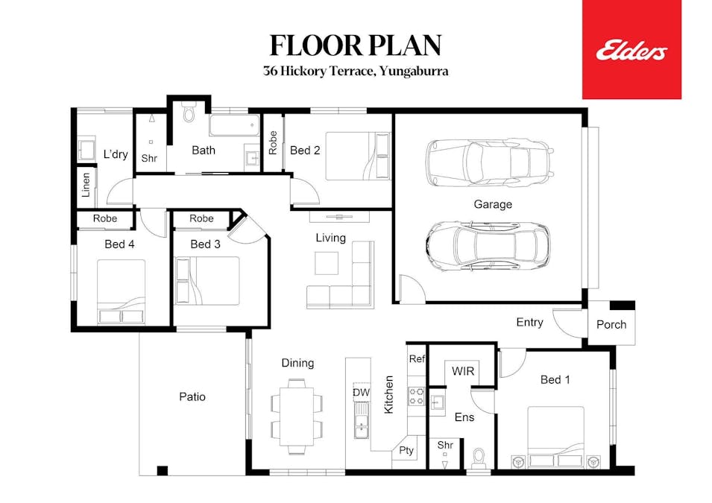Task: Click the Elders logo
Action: pyautogui.click(x=631, y=50)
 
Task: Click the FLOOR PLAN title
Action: pyautogui.click(x=356, y=45)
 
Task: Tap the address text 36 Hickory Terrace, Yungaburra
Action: pyautogui.click(x=356, y=72)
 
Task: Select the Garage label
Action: pyautogui.click(x=493, y=204)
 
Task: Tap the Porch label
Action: pyautogui.click(x=611, y=325)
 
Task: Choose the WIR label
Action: pyautogui.click(x=462, y=371)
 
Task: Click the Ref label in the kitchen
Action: pyautogui.click(x=416, y=358)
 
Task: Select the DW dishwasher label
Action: pyautogui.click(x=361, y=392)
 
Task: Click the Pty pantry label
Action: pyautogui.click(x=406, y=450)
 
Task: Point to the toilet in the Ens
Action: pyautogui.click(x=479, y=455)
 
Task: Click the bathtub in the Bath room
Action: pyautogui.click(x=234, y=124)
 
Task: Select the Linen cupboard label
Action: pyautogui.click(x=86, y=185)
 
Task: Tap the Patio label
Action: pyautogui.click(x=192, y=397)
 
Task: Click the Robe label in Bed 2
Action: pyautogui.click(x=273, y=143)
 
